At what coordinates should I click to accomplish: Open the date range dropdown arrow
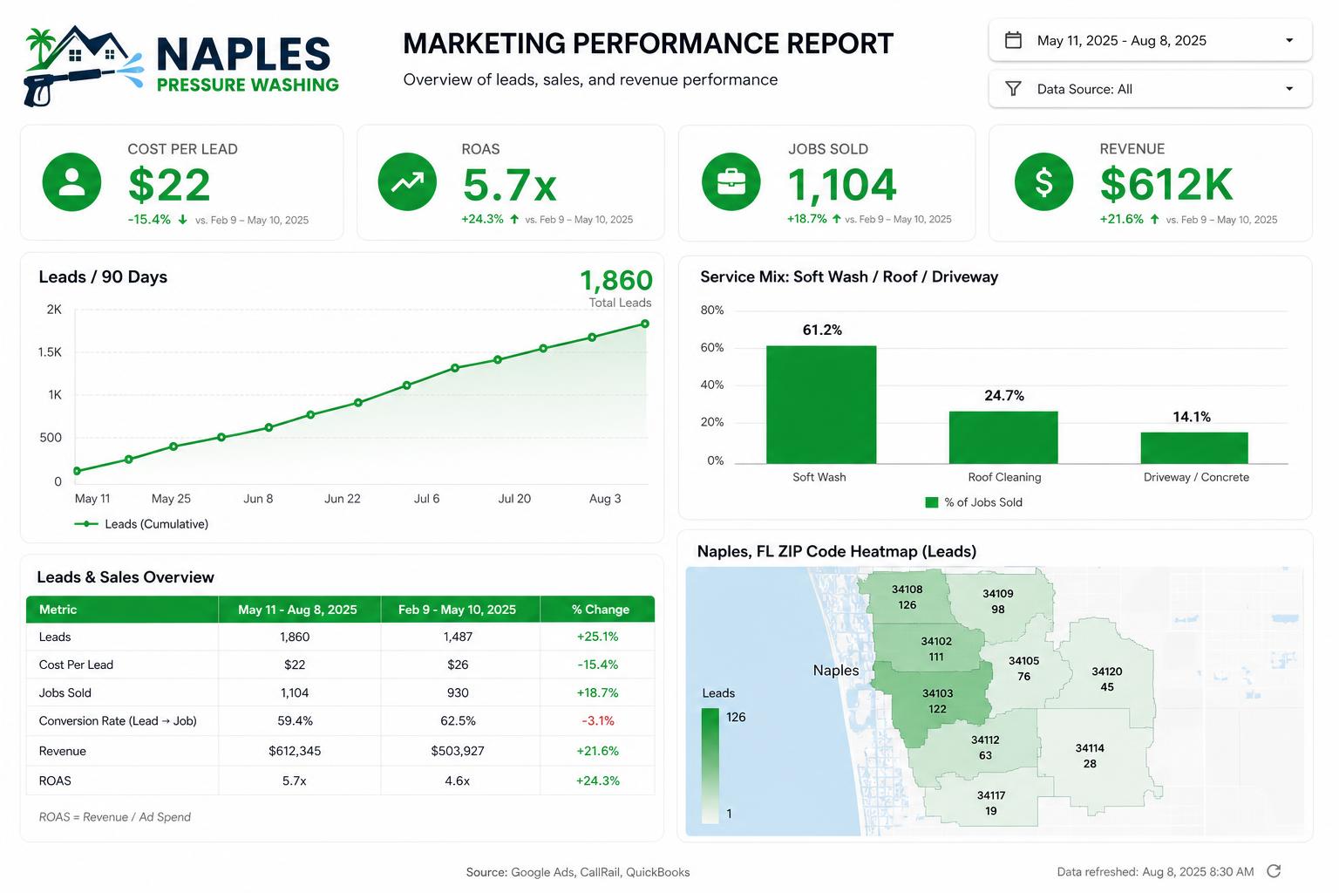pyautogui.click(x=1289, y=41)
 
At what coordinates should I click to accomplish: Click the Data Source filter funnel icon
pyautogui.click(x=1013, y=89)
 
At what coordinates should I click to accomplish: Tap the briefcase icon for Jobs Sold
pyautogui.click(x=731, y=182)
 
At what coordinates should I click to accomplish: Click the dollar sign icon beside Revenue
pyautogui.click(x=1043, y=182)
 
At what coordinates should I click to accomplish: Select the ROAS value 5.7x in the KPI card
pyautogui.click(x=510, y=185)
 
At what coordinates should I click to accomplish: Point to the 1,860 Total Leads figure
pyautogui.click(x=616, y=280)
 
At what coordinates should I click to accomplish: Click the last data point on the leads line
pyautogui.click(x=645, y=324)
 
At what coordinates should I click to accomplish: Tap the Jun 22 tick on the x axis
pyautogui.click(x=343, y=498)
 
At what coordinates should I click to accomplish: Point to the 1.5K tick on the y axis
pyautogui.click(x=50, y=352)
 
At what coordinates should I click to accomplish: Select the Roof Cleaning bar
pyautogui.click(x=1003, y=437)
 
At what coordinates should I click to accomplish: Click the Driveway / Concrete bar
pyautogui.click(x=1193, y=448)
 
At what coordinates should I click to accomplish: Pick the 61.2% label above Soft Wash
pyautogui.click(x=822, y=331)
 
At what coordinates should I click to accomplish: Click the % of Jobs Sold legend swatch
pyautogui.click(x=931, y=502)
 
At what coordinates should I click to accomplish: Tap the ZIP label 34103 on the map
pyautogui.click(x=937, y=693)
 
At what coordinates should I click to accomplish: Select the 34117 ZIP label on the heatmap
pyautogui.click(x=991, y=795)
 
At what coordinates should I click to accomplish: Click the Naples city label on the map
pyautogui.click(x=836, y=671)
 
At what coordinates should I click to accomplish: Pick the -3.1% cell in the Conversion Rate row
pyautogui.click(x=598, y=720)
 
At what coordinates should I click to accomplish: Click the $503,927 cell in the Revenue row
pyautogui.click(x=458, y=751)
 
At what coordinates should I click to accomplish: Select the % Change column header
pyautogui.click(x=600, y=610)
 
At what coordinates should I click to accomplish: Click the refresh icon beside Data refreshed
pyautogui.click(x=1274, y=871)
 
